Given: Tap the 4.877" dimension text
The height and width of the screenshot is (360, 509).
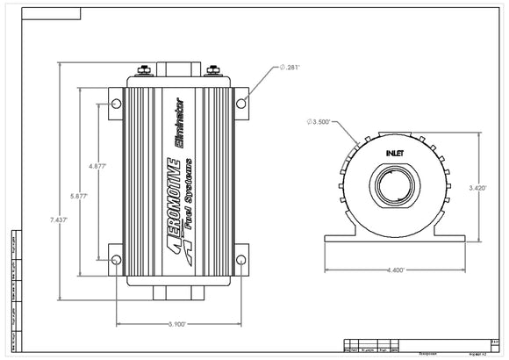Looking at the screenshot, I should (x=100, y=164).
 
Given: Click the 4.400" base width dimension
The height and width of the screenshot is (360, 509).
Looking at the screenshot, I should (x=393, y=270).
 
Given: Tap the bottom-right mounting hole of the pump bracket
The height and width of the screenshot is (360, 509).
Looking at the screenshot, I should (x=241, y=258).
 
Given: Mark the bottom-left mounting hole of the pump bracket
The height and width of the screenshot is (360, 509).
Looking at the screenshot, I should (x=115, y=258).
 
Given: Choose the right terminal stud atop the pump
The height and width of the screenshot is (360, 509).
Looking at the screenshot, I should (x=213, y=71).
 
